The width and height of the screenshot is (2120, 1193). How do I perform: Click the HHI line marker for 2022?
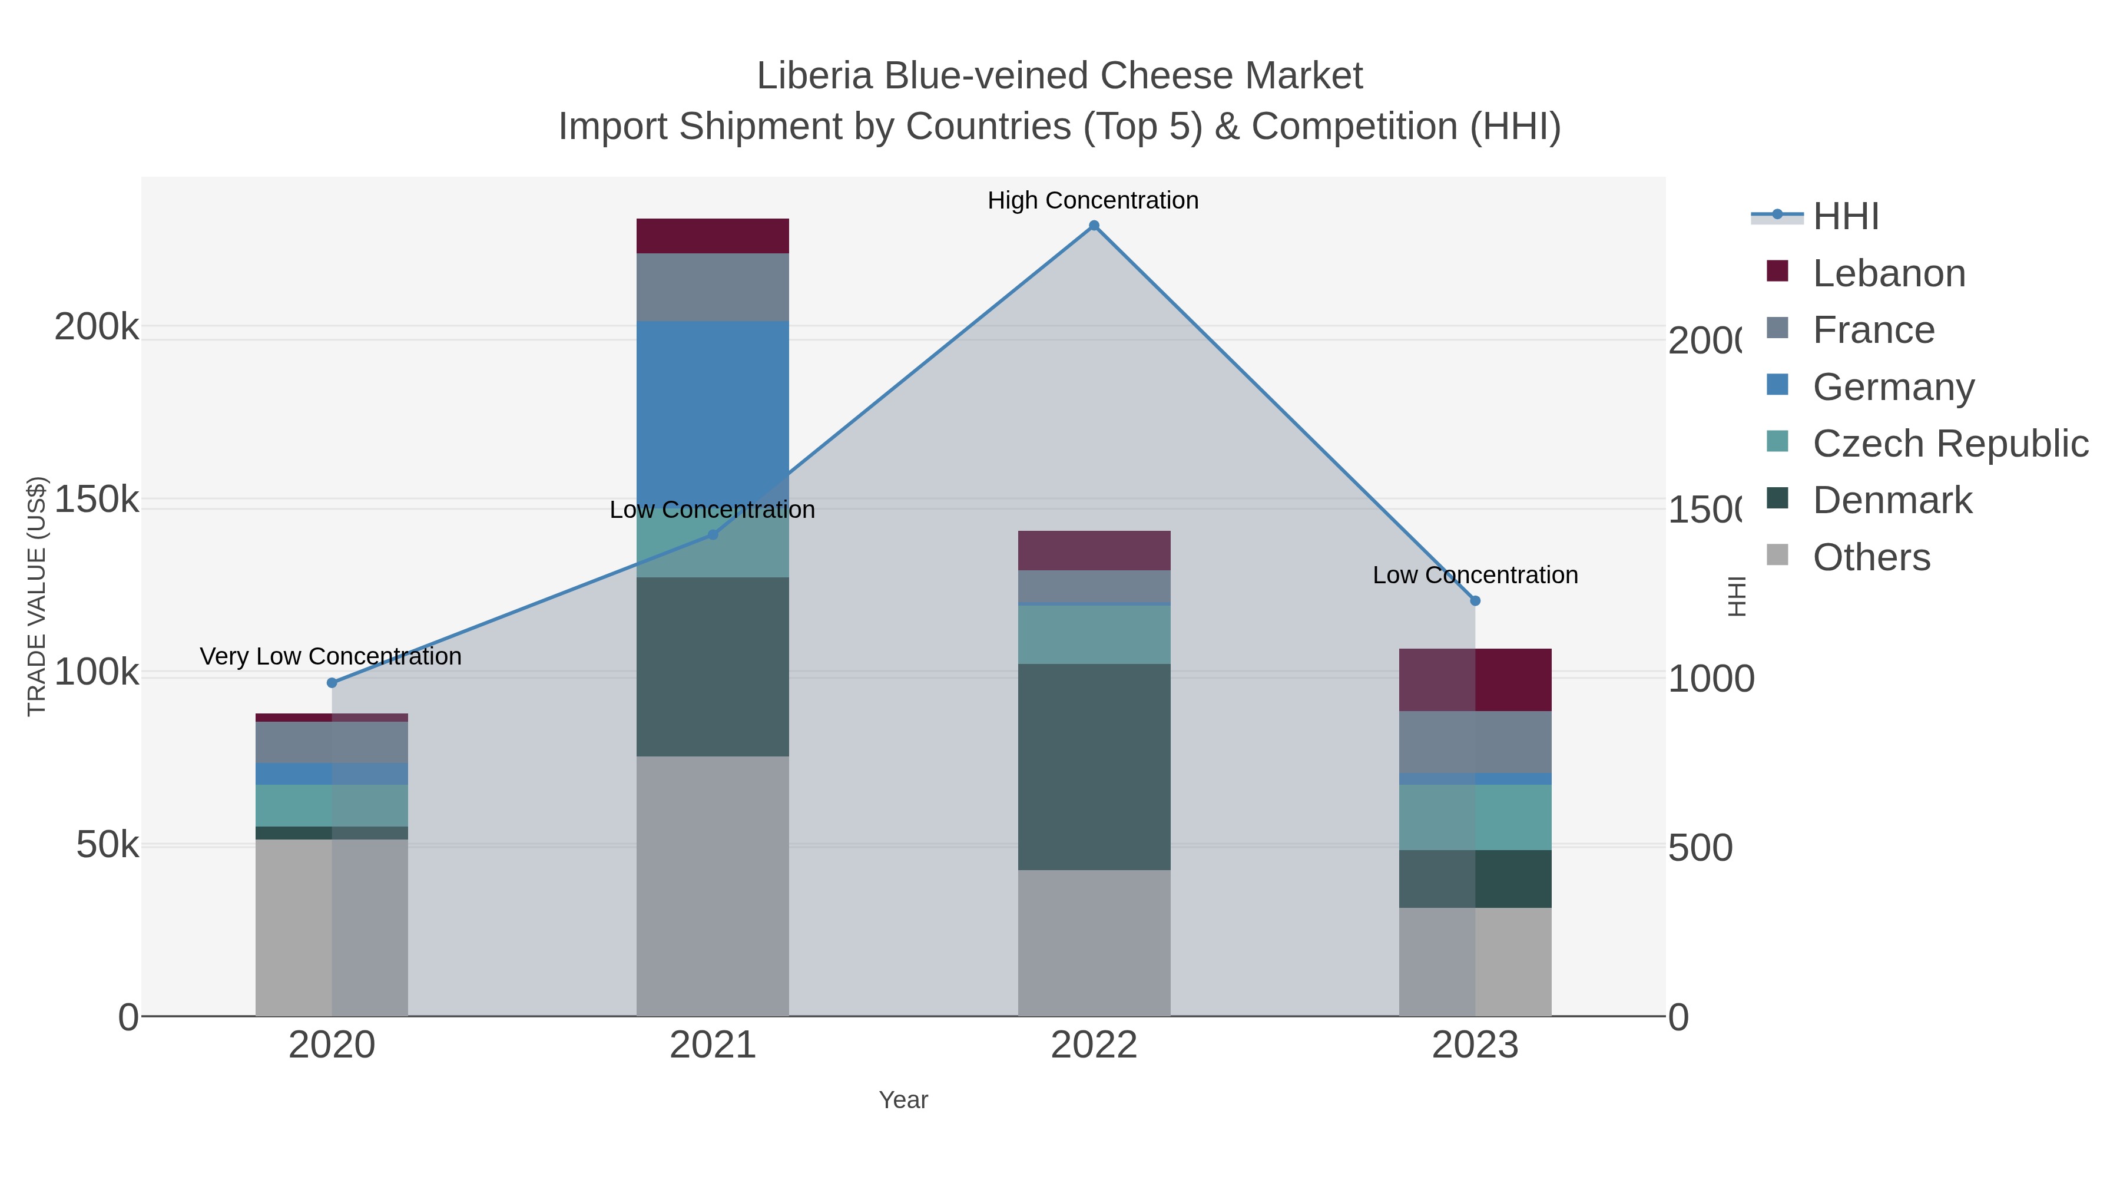coord(1094,226)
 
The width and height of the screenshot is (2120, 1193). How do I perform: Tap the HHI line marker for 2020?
coord(332,683)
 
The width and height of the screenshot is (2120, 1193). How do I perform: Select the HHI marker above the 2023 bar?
coord(1475,601)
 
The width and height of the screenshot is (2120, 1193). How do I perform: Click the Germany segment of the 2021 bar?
coord(713,404)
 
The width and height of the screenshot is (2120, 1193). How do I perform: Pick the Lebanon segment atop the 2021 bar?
coord(713,236)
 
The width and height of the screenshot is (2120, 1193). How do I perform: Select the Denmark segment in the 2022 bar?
coord(1094,766)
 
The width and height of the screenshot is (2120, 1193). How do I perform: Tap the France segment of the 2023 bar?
coord(1475,742)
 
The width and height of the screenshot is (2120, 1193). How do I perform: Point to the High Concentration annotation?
coord(1093,201)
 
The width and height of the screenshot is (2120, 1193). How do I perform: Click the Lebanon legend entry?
coord(1889,273)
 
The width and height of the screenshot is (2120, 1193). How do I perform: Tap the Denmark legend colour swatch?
coord(1778,498)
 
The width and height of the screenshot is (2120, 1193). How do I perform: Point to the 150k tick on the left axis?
coord(97,499)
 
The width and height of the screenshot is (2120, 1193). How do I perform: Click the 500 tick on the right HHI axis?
coord(1700,848)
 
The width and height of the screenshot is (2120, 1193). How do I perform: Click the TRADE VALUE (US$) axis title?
coord(37,596)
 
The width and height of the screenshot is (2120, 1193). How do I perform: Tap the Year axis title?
coord(903,1100)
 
